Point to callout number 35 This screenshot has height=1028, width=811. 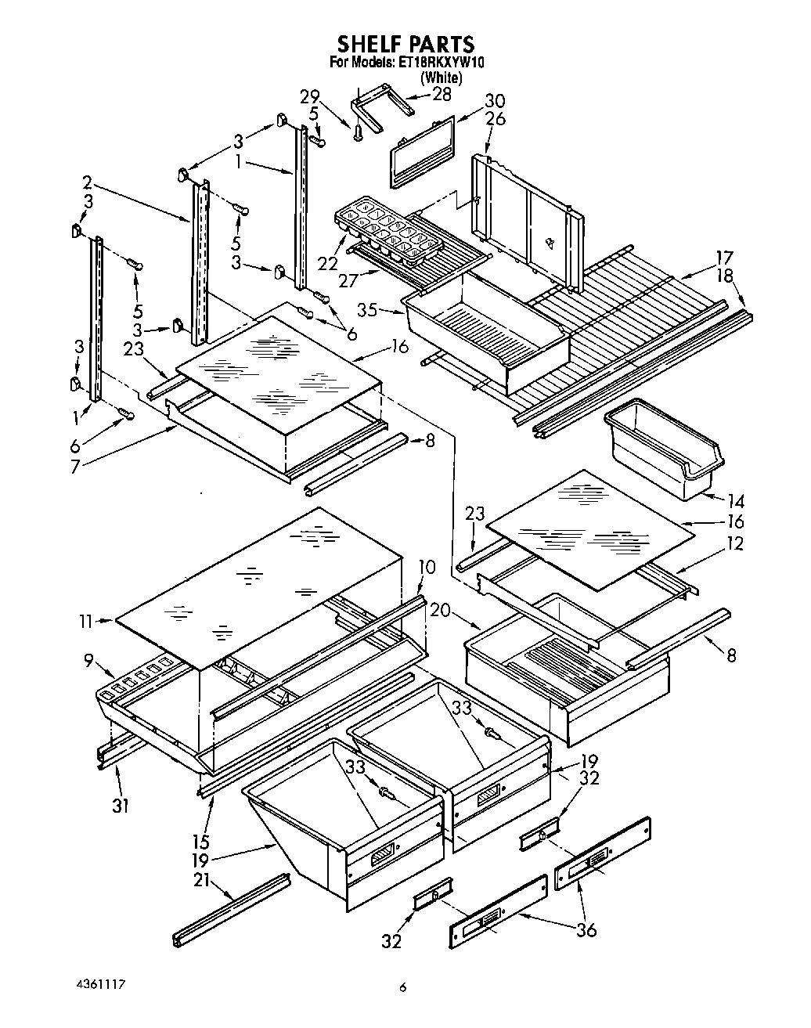(367, 310)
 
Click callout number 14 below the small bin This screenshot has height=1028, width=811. (735, 501)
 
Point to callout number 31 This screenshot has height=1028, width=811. (120, 804)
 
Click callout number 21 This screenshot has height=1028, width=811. (201, 880)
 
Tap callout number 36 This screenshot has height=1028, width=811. (586, 929)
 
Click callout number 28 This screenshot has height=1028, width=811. (442, 95)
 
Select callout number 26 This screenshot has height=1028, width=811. (495, 120)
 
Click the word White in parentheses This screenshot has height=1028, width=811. (442, 78)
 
